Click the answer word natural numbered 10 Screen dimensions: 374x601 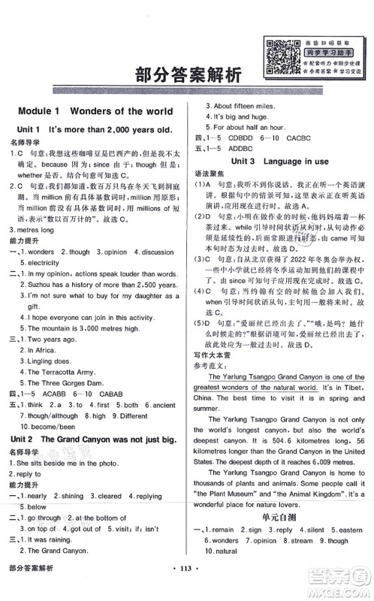(225, 550)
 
